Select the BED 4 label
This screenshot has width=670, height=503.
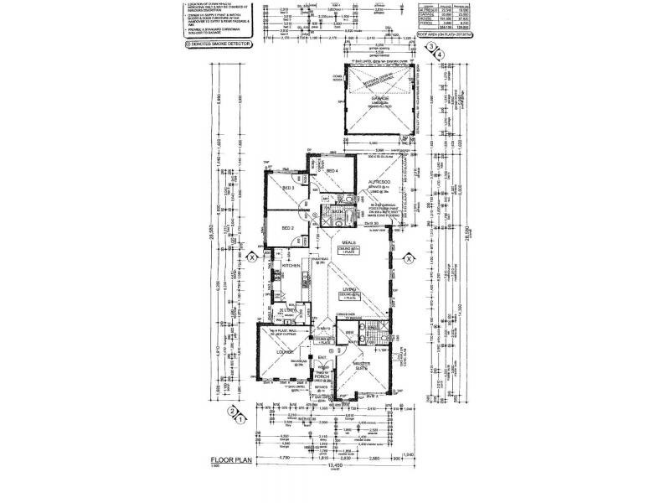point(331,172)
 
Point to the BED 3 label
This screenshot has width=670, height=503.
point(286,189)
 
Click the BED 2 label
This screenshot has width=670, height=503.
point(286,228)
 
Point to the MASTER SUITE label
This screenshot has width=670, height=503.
point(363,366)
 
